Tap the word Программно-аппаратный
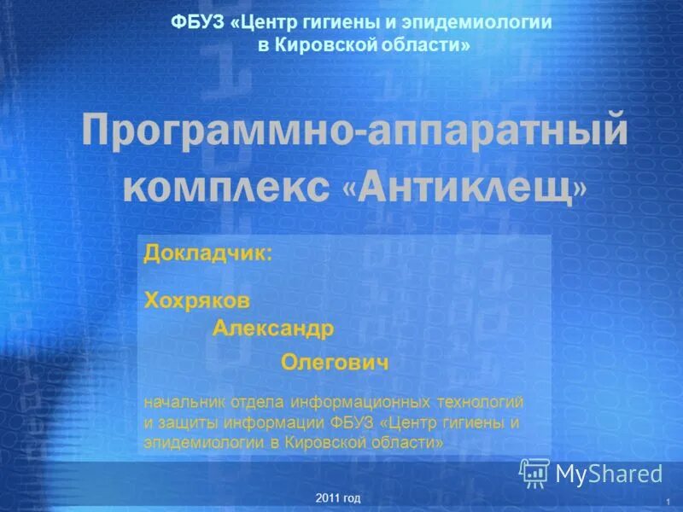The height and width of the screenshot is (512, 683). [355, 134]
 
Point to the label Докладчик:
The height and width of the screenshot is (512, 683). [208, 253]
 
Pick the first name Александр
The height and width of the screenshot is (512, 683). [273, 328]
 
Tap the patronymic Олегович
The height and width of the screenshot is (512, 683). [335, 363]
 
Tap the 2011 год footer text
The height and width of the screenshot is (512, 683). [337, 497]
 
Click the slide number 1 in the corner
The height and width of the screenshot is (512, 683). [663, 498]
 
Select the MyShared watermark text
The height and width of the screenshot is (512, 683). [609, 474]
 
